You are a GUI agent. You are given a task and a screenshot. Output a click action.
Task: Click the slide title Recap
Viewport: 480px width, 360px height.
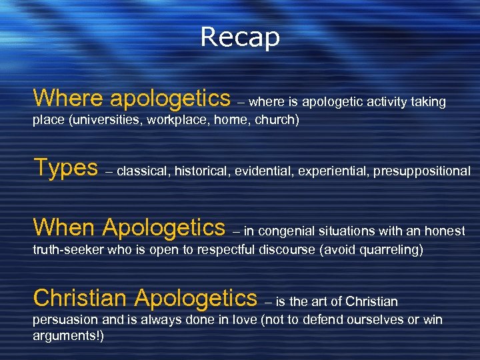[x=240, y=37]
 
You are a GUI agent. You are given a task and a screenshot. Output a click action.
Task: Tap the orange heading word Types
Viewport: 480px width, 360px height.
[x=65, y=168]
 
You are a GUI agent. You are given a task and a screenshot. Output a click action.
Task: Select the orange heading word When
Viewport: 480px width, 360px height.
[x=64, y=228]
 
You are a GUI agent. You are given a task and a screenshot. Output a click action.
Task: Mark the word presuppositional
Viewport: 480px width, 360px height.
[x=421, y=171]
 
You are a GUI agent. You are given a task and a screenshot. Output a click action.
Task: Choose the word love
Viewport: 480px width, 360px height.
[x=243, y=319]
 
